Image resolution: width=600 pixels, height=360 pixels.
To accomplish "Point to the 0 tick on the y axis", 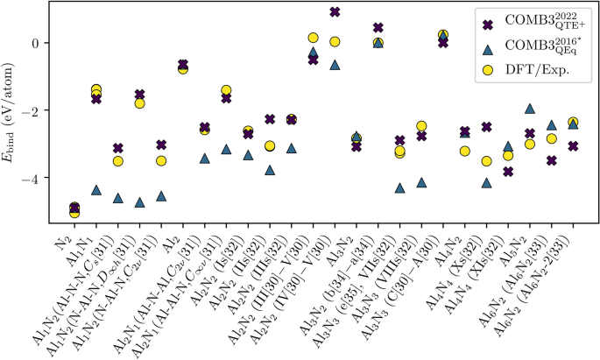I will pos(52,42).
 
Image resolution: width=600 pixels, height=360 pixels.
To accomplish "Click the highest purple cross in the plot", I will pos(335,11).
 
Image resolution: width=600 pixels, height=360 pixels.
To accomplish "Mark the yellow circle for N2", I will pos(74,212).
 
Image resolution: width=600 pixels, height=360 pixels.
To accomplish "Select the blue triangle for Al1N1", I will pos(96,189).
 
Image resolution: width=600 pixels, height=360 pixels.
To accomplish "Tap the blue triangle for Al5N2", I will pos(529,109).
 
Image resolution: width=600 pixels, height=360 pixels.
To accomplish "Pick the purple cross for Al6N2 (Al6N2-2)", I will pos(573,146).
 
